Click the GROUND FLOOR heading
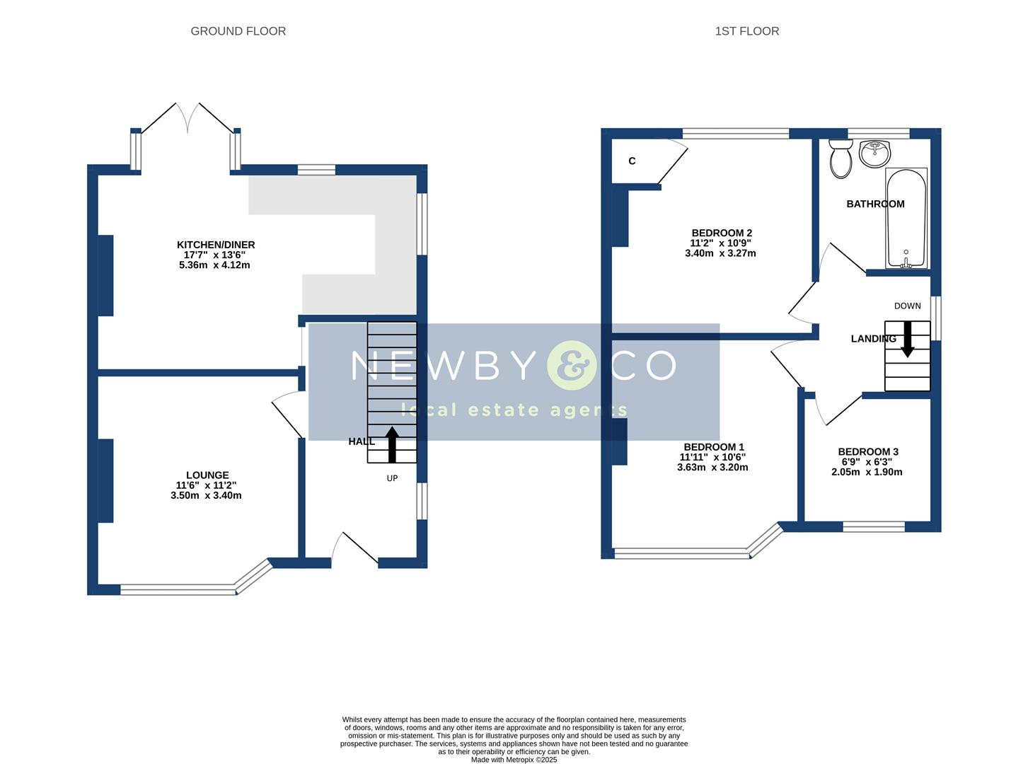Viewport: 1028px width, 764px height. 238,31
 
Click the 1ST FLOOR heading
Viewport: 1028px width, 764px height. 746,31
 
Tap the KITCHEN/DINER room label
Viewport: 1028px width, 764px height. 215,245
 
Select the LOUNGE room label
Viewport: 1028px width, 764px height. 207,475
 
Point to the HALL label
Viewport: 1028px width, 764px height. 361,441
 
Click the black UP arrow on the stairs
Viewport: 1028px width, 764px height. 391,444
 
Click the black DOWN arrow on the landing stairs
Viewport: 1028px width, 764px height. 907,339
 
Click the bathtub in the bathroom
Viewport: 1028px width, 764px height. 906,218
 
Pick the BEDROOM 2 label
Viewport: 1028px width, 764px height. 721,233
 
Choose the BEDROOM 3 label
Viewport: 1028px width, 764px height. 867,452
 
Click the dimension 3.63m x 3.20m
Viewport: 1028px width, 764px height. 712,468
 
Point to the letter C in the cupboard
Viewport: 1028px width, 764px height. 632,161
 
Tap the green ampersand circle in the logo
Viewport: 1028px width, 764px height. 572,366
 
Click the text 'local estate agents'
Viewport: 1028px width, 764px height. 514,410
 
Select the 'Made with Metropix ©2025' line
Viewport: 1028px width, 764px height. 514,760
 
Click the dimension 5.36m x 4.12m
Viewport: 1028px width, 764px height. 214,265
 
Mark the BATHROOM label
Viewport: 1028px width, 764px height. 875,204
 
